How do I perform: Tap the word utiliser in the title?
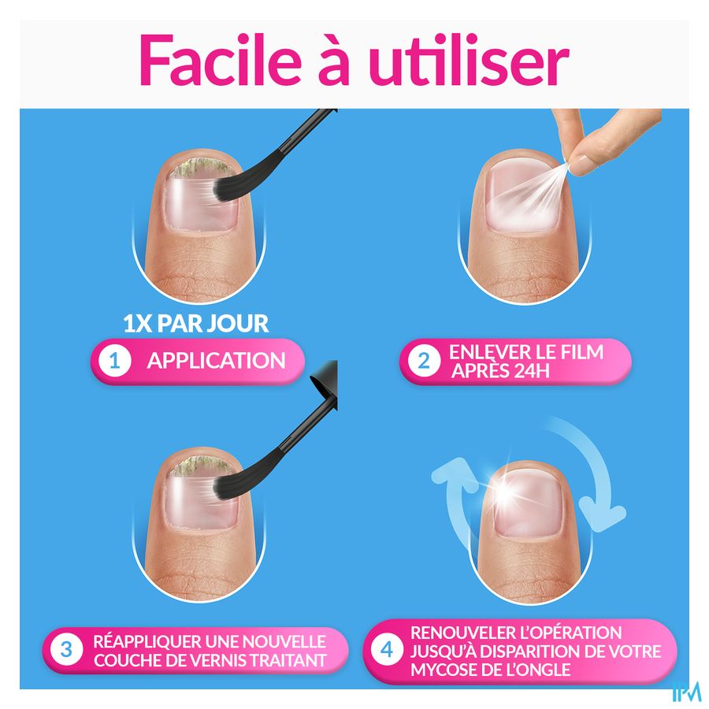[x=469, y=60]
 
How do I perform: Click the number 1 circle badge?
[x=115, y=361]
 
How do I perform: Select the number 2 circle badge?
[x=424, y=361]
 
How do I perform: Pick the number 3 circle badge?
[x=66, y=650]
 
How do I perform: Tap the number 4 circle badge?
[x=387, y=650]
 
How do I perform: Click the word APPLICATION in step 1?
[x=216, y=361]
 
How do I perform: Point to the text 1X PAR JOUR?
[x=196, y=323]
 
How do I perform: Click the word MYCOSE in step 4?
[x=443, y=670]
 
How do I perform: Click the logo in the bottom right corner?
[x=686, y=692]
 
